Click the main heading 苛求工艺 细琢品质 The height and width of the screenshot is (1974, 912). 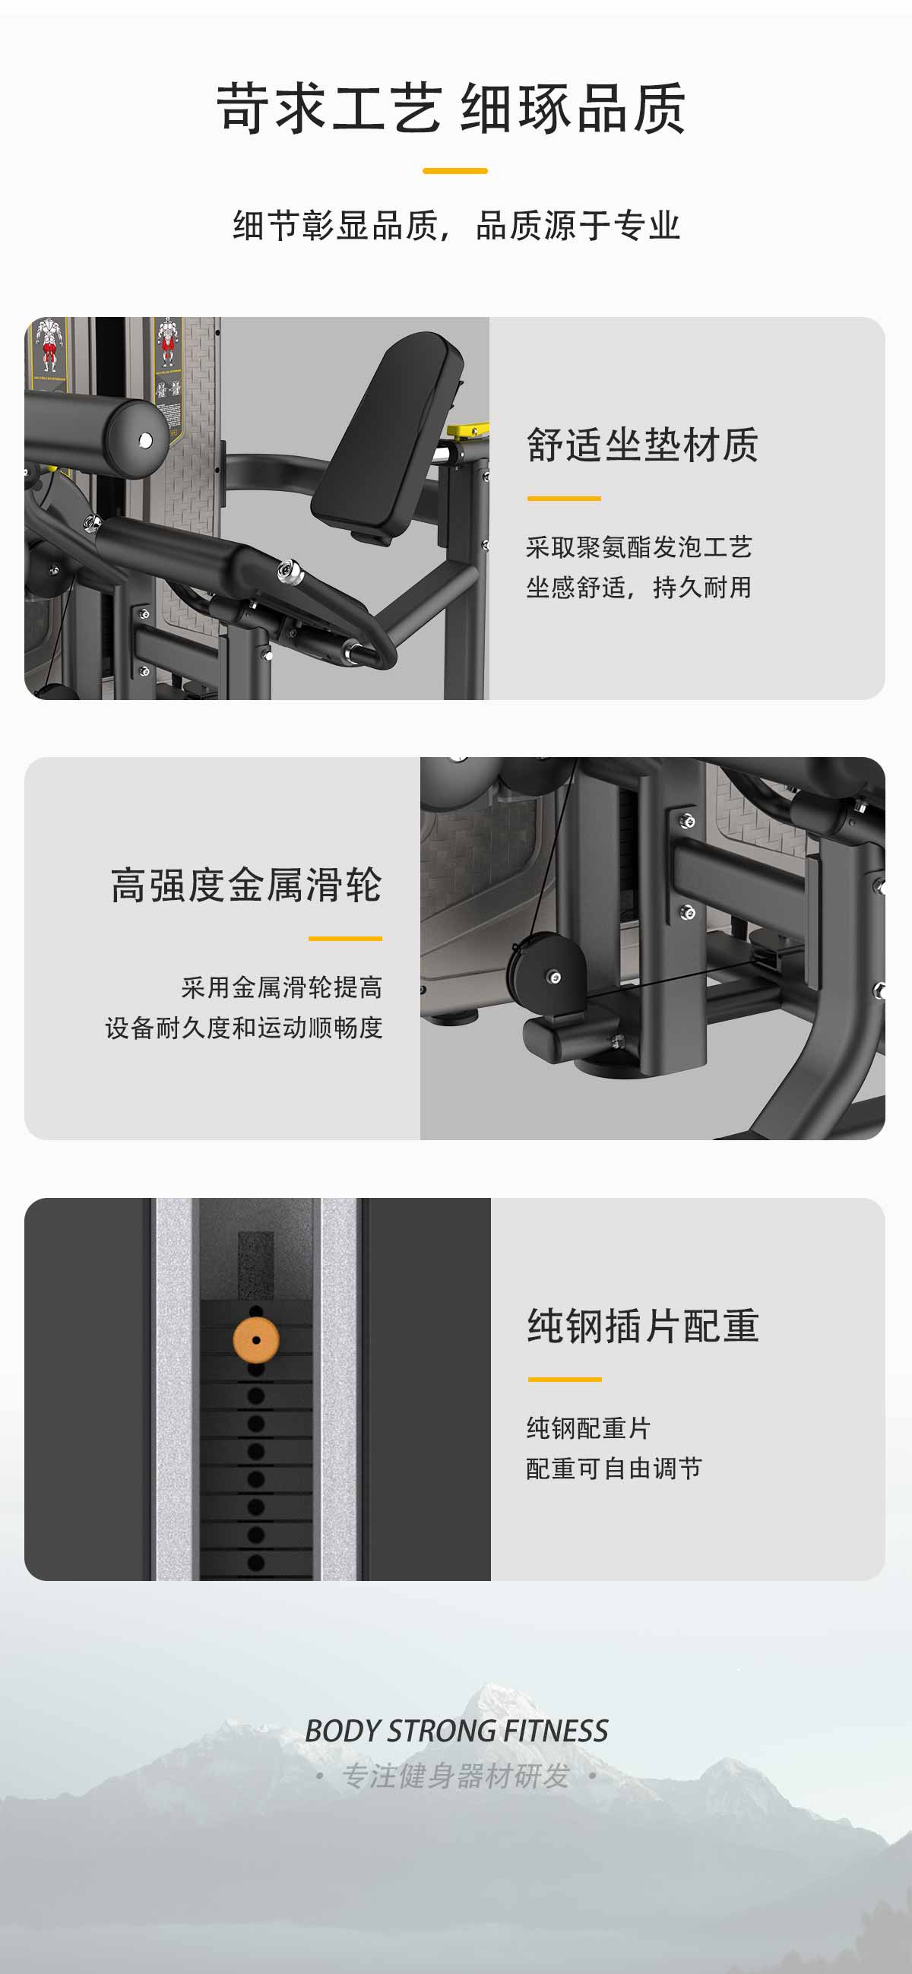(451, 108)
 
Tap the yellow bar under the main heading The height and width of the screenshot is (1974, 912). (455, 171)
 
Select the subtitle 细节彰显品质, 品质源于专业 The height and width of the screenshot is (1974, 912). (457, 225)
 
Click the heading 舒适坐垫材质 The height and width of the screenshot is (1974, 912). (642, 445)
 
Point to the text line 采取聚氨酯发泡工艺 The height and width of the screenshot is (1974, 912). (639, 547)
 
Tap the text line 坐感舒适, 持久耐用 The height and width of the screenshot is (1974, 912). (639, 588)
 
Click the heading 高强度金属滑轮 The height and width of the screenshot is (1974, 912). (246, 885)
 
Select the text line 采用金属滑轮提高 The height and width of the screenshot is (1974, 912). (282, 987)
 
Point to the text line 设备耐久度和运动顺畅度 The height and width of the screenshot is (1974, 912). (244, 1028)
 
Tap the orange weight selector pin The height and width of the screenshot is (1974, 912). (256, 1340)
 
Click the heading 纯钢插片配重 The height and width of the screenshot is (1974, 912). (643, 1326)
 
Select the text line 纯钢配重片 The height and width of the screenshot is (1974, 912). (588, 1427)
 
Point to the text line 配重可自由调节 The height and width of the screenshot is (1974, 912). (614, 1469)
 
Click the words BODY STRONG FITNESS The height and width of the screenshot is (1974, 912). (457, 1731)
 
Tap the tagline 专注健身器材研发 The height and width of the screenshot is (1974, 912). (456, 1776)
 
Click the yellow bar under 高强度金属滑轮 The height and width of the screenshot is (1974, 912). (346, 938)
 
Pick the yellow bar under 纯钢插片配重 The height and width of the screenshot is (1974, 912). (565, 1380)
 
